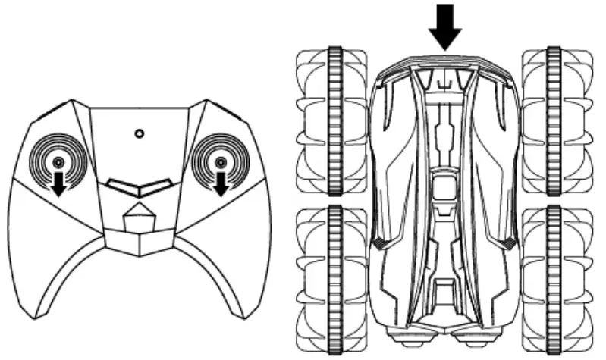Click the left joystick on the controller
(58, 162)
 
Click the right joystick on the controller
(220, 162)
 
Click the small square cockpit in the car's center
(444, 186)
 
